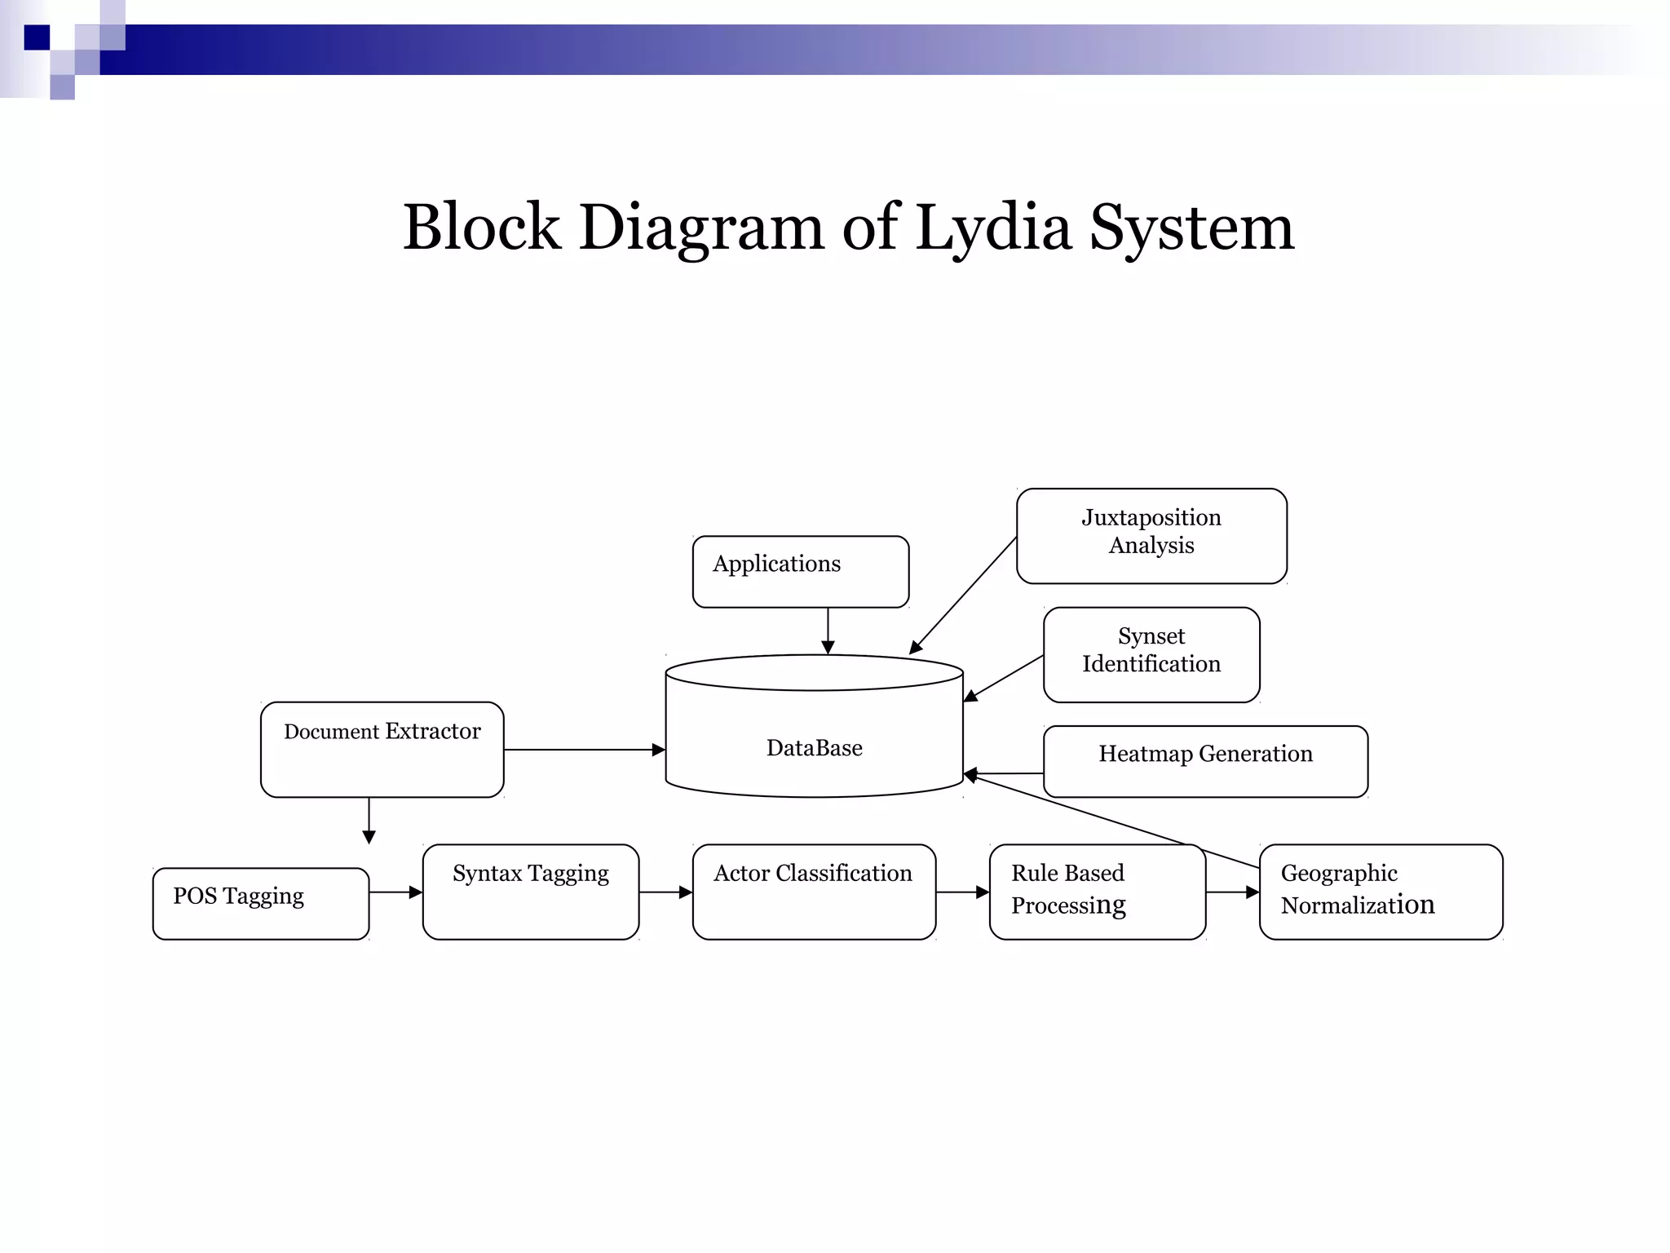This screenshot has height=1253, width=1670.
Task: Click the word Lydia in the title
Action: pos(992,228)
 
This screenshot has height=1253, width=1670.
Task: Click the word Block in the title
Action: pos(481,228)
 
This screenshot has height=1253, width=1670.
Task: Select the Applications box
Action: pos(800,572)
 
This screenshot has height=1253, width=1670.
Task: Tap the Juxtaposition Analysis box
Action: pos(1151,536)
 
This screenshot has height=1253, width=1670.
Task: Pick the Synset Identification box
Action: pos(1151,654)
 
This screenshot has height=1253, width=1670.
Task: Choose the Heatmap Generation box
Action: pos(1205,760)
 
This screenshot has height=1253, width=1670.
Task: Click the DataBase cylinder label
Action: pos(814,748)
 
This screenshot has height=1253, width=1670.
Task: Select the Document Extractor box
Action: pos(382,749)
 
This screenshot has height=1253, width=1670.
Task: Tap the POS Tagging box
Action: pos(260,903)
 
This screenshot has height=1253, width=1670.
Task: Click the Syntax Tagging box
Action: pos(530,892)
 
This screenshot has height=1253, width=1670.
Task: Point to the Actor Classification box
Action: pos(814,892)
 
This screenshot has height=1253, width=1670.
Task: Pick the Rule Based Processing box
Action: pos(1097,892)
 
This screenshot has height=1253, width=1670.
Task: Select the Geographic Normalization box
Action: pos(1381,892)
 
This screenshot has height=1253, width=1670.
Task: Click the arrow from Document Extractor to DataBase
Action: pos(584,750)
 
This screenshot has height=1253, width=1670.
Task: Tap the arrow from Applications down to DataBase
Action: pos(828,630)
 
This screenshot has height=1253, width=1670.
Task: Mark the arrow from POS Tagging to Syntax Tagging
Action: pos(395,892)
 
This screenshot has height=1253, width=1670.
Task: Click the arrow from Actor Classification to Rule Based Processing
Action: pos(962,892)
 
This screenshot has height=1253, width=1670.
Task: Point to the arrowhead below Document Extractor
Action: pos(369,836)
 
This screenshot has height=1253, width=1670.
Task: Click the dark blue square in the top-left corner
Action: pos(37,38)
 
